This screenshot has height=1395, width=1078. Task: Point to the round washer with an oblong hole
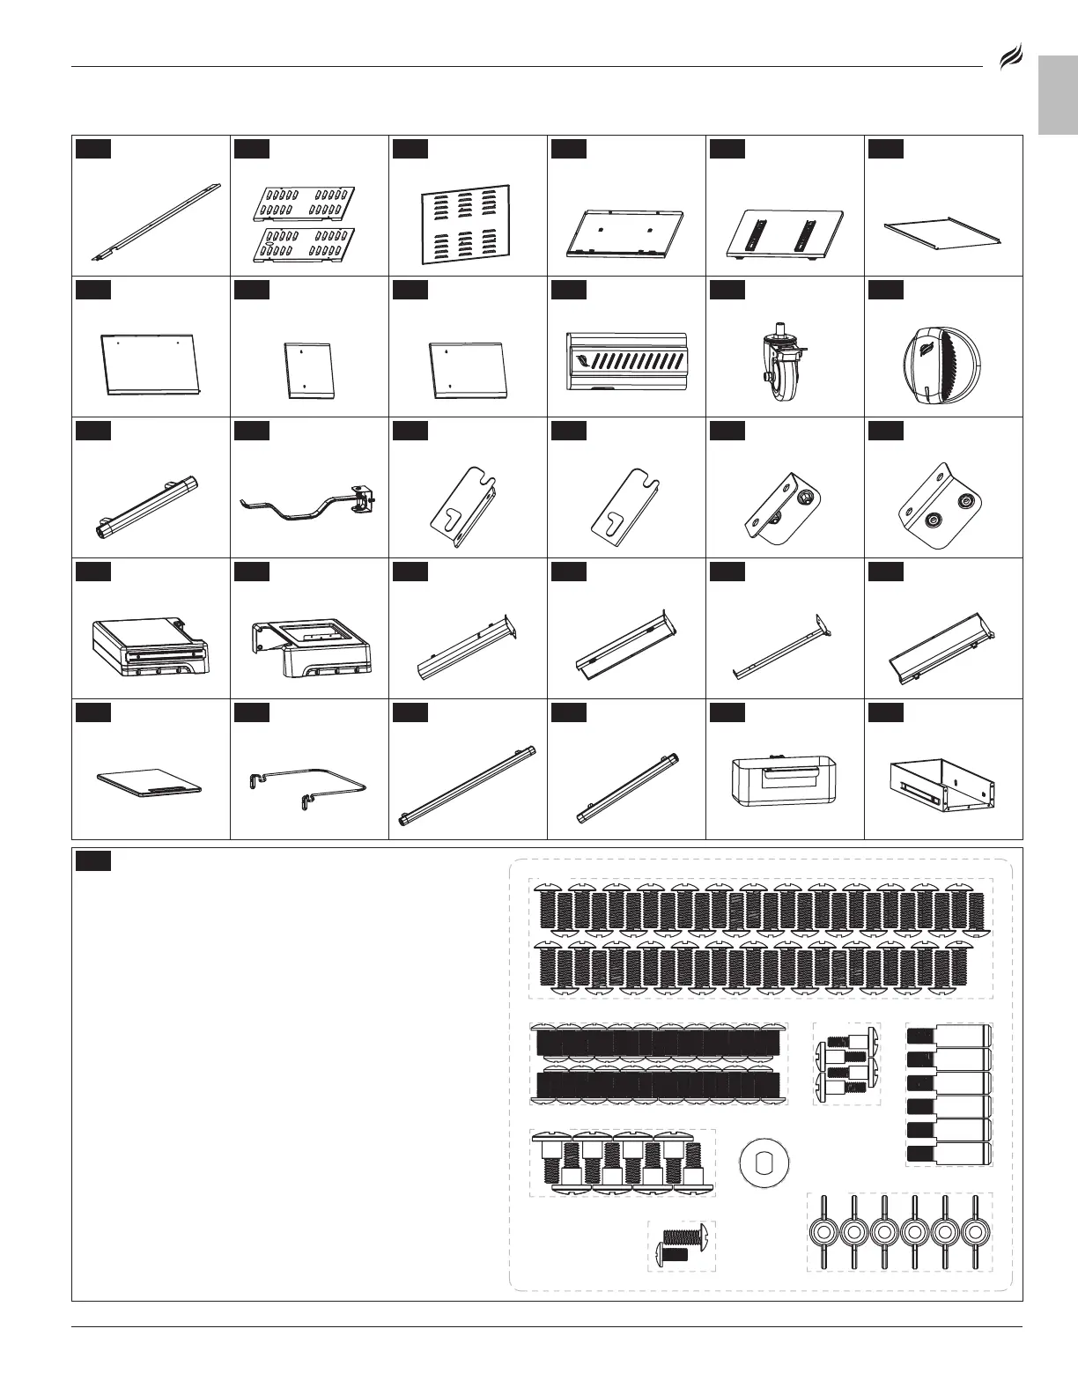click(764, 1162)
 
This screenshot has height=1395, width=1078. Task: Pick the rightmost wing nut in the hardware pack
click(973, 1231)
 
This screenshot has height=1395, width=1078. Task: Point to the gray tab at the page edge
click(1058, 96)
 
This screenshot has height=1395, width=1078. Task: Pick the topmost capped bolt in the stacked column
click(949, 1033)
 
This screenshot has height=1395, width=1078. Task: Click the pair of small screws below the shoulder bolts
click(682, 1245)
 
